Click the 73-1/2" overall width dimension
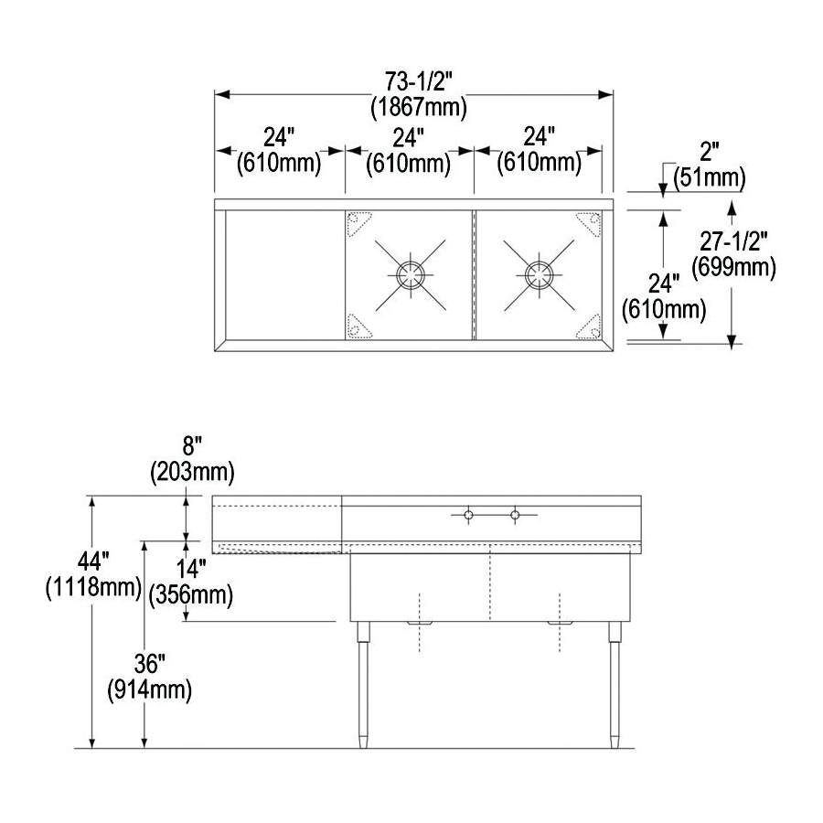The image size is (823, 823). [x=418, y=82]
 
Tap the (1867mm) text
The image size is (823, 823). [x=418, y=108]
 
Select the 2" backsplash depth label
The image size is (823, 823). [x=709, y=152]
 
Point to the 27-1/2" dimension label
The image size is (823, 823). [x=733, y=242]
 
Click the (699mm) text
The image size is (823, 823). [x=733, y=267]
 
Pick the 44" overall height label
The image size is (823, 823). [x=93, y=562]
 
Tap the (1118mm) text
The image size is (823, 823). [x=93, y=587]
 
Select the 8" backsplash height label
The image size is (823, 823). [x=192, y=447]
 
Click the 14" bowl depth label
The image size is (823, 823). [x=190, y=570]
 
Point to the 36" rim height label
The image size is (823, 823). [x=150, y=665]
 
